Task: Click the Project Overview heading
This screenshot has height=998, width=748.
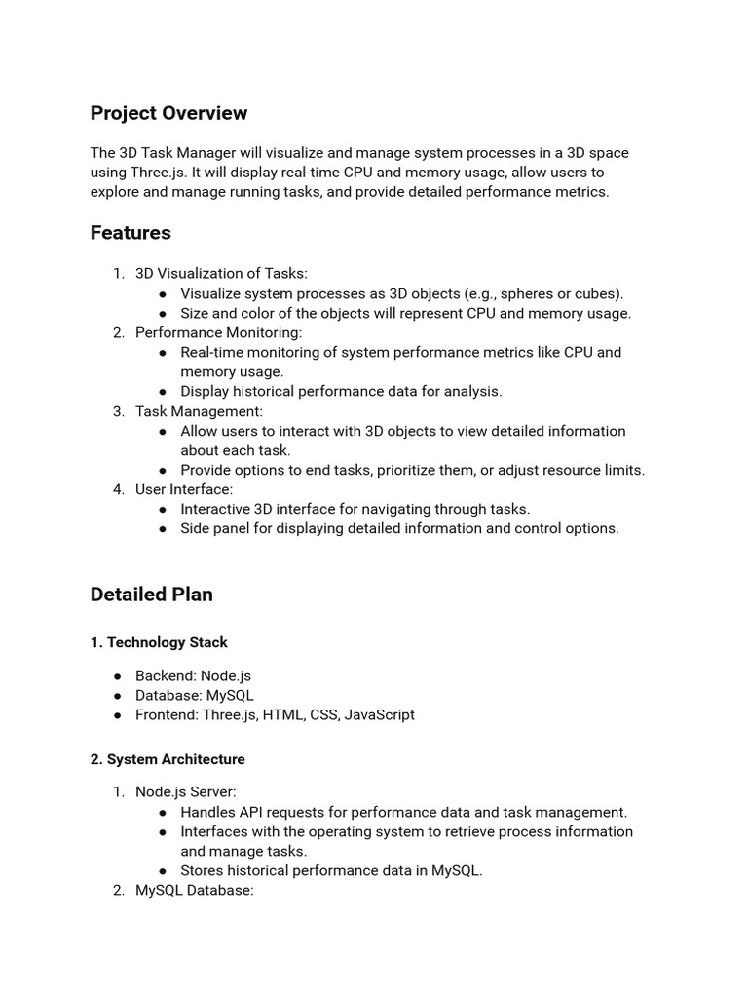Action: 168,113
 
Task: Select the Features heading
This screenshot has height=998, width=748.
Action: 131,233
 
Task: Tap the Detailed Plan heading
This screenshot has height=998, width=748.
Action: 151,595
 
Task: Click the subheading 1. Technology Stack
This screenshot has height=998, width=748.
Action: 159,642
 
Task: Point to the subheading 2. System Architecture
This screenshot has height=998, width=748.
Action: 168,759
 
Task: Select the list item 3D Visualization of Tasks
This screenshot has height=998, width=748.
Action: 221,274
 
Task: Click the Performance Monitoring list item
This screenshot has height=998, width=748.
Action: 219,332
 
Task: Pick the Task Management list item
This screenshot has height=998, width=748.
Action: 199,411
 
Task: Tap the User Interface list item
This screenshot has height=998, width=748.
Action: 184,489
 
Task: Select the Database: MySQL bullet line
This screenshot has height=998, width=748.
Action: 195,695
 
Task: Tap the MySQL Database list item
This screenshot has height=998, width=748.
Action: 195,890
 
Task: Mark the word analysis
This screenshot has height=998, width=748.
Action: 472,391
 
